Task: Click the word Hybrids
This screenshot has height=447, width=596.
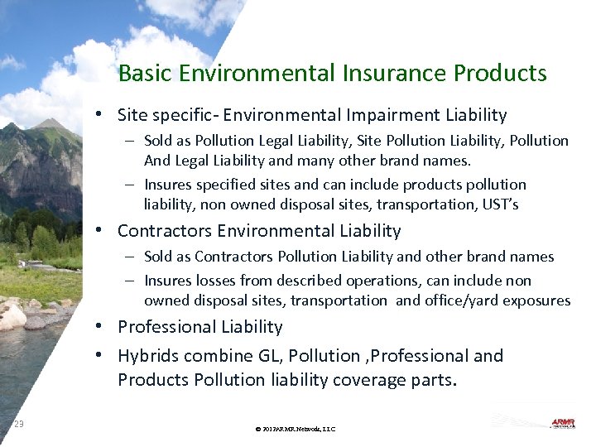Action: pyautogui.click(x=150, y=356)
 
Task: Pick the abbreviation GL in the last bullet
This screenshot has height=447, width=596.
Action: pyautogui.click(x=263, y=356)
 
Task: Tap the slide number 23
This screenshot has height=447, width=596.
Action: pyautogui.click(x=19, y=425)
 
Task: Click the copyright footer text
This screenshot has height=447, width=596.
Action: pyautogui.click(x=296, y=429)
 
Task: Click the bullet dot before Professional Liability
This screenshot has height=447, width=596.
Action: pyautogui.click(x=99, y=327)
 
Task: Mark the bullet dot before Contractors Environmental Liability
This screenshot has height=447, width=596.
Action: pyautogui.click(x=99, y=231)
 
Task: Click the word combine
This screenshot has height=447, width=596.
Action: pyautogui.click(x=221, y=356)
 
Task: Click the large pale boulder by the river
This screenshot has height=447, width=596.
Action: pyautogui.click(x=12, y=315)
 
